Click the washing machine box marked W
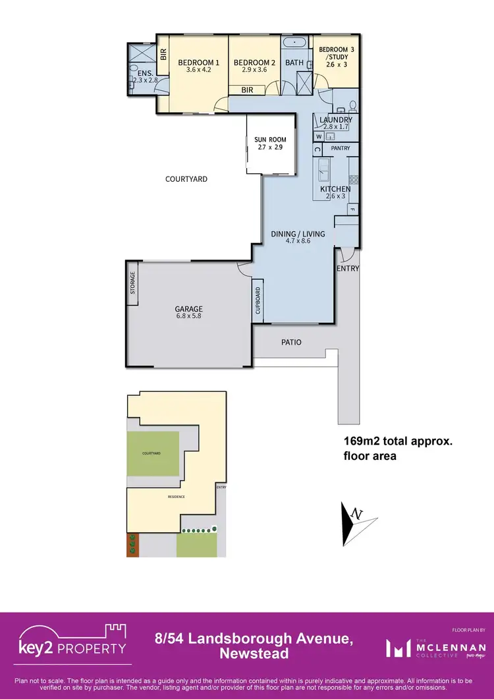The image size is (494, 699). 319,136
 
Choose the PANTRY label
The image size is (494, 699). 341,148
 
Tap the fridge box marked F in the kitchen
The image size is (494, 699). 352,210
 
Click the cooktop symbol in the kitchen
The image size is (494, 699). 353,179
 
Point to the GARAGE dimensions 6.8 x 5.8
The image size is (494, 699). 188,317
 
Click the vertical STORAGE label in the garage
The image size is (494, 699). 132,283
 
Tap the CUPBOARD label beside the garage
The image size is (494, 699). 258,302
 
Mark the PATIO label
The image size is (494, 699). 291,342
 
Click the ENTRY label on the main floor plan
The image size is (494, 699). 348,268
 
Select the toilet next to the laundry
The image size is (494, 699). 352,105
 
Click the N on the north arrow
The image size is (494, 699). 356,513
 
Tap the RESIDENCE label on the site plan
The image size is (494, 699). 176,497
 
